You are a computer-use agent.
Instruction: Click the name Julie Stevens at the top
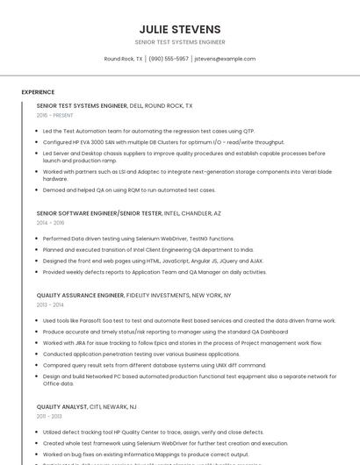179,29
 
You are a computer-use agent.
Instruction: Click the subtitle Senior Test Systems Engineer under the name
179,42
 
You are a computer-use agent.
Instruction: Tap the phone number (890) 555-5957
169,59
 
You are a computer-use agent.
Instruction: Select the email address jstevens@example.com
225,59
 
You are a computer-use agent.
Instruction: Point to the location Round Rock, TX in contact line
123,59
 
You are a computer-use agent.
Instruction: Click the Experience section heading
38,91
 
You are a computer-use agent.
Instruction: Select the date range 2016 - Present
55,115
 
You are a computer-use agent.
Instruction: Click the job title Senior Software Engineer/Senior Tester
99,213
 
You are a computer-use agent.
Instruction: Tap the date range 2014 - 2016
51,223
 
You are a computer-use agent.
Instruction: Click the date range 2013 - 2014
50,305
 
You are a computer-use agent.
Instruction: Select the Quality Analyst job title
61,407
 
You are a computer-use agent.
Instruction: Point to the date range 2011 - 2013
49,417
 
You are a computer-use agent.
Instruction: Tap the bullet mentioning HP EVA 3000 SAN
163,142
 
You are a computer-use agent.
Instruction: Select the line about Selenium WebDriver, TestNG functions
139,239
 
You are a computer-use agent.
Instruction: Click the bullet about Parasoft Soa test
189,321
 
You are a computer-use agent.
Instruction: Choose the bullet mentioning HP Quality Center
153,433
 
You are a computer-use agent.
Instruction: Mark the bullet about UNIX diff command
154,365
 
